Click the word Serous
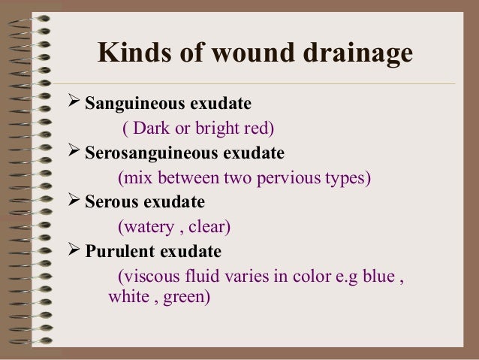tap(110, 202)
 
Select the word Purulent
tap(116, 250)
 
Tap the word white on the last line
tap(128, 297)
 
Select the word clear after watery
tap(208, 226)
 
